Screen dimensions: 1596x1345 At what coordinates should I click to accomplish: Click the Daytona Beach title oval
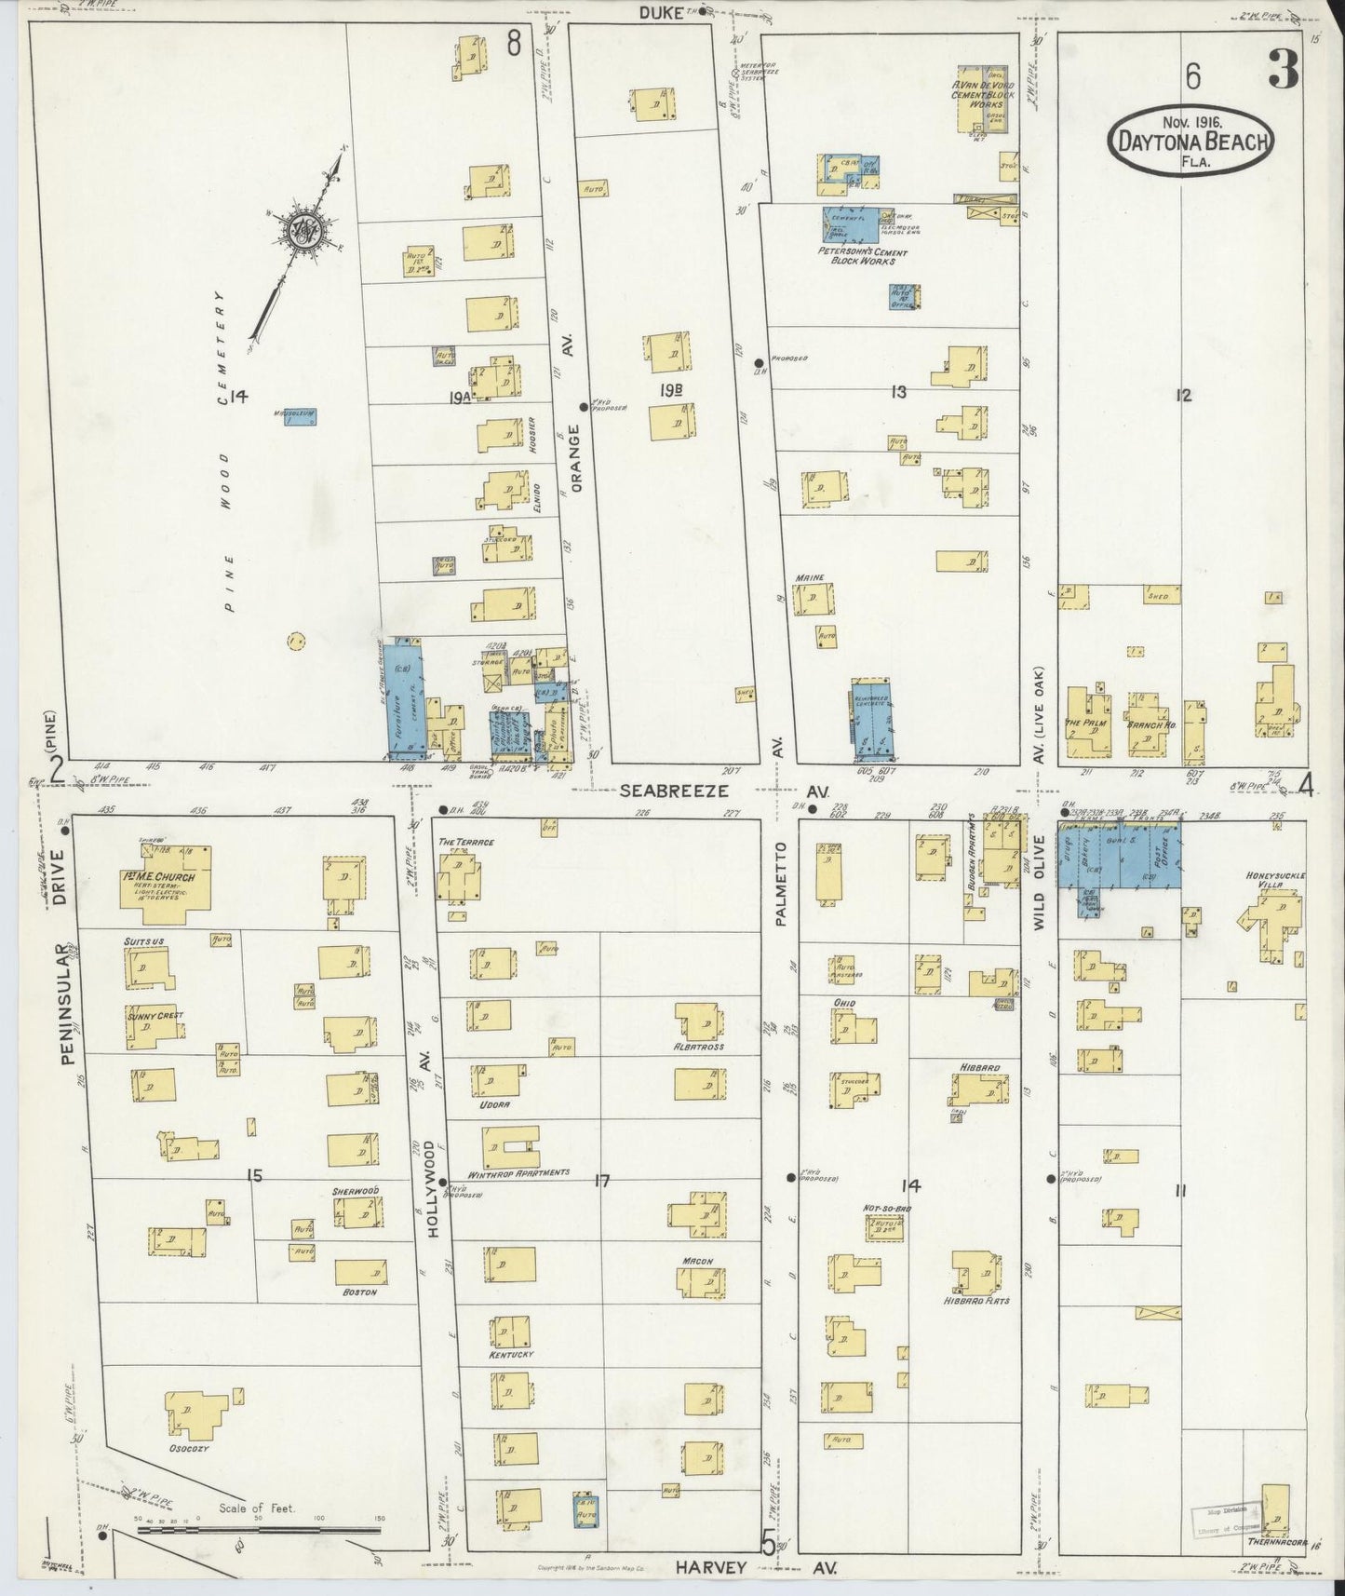[x=1190, y=142]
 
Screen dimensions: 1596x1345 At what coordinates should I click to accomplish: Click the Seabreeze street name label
[x=662, y=790]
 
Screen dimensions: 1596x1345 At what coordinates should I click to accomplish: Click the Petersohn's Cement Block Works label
[x=863, y=256]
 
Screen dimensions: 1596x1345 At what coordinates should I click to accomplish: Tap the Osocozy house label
[x=188, y=1448]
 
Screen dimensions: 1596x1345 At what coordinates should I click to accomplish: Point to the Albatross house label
[x=698, y=1047]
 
